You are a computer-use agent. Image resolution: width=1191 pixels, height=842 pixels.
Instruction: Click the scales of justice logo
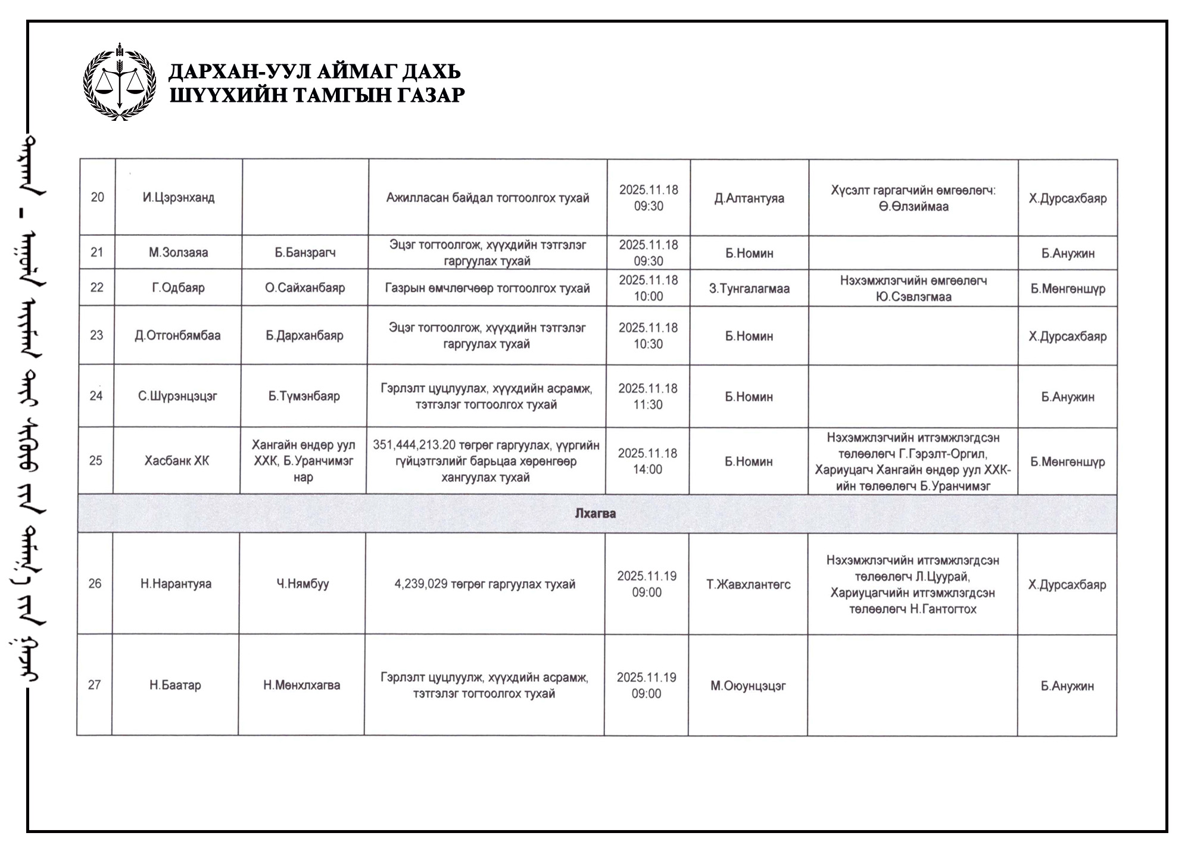tap(120, 82)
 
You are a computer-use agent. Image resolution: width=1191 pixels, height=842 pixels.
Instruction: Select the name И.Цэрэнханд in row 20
tap(178, 197)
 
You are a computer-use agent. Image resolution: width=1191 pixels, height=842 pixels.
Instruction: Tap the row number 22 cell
tap(96, 288)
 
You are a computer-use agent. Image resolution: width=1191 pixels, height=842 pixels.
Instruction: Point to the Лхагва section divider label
tap(595, 513)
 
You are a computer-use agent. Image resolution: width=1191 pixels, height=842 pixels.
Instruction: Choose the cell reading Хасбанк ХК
tap(177, 461)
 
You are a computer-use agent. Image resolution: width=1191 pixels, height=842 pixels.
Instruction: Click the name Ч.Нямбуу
tap(303, 584)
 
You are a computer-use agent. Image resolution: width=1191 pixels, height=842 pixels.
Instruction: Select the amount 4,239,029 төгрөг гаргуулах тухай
tap(485, 584)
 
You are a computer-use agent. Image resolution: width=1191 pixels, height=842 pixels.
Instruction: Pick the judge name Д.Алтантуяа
tap(749, 198)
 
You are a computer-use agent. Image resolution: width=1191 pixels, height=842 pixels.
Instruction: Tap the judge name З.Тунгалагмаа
tap(749, 289)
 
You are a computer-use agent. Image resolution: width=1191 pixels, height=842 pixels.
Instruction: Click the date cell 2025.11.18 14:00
tap(647, 461)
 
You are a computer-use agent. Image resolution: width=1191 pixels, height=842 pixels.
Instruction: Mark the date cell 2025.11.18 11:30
tap(647, 397)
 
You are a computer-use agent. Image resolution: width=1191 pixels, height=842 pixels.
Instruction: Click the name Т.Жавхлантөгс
tap(748, 584)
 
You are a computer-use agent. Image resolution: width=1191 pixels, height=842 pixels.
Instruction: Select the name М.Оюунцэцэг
tap(748, 686)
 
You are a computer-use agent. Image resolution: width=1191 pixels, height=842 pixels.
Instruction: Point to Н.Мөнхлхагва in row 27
tap(302, 685)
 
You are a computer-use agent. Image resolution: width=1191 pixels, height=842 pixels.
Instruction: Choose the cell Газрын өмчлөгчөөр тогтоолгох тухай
tap(487, 288)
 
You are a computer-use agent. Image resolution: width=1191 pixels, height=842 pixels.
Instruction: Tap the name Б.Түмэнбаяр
tap(304, 396)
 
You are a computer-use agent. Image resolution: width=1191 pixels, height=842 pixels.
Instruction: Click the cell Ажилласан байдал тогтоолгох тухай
tap(488, 198)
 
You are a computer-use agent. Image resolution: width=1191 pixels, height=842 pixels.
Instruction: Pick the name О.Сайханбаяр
tap(305, 288)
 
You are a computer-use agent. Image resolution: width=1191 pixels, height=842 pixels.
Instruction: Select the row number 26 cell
tap(95, 584)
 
